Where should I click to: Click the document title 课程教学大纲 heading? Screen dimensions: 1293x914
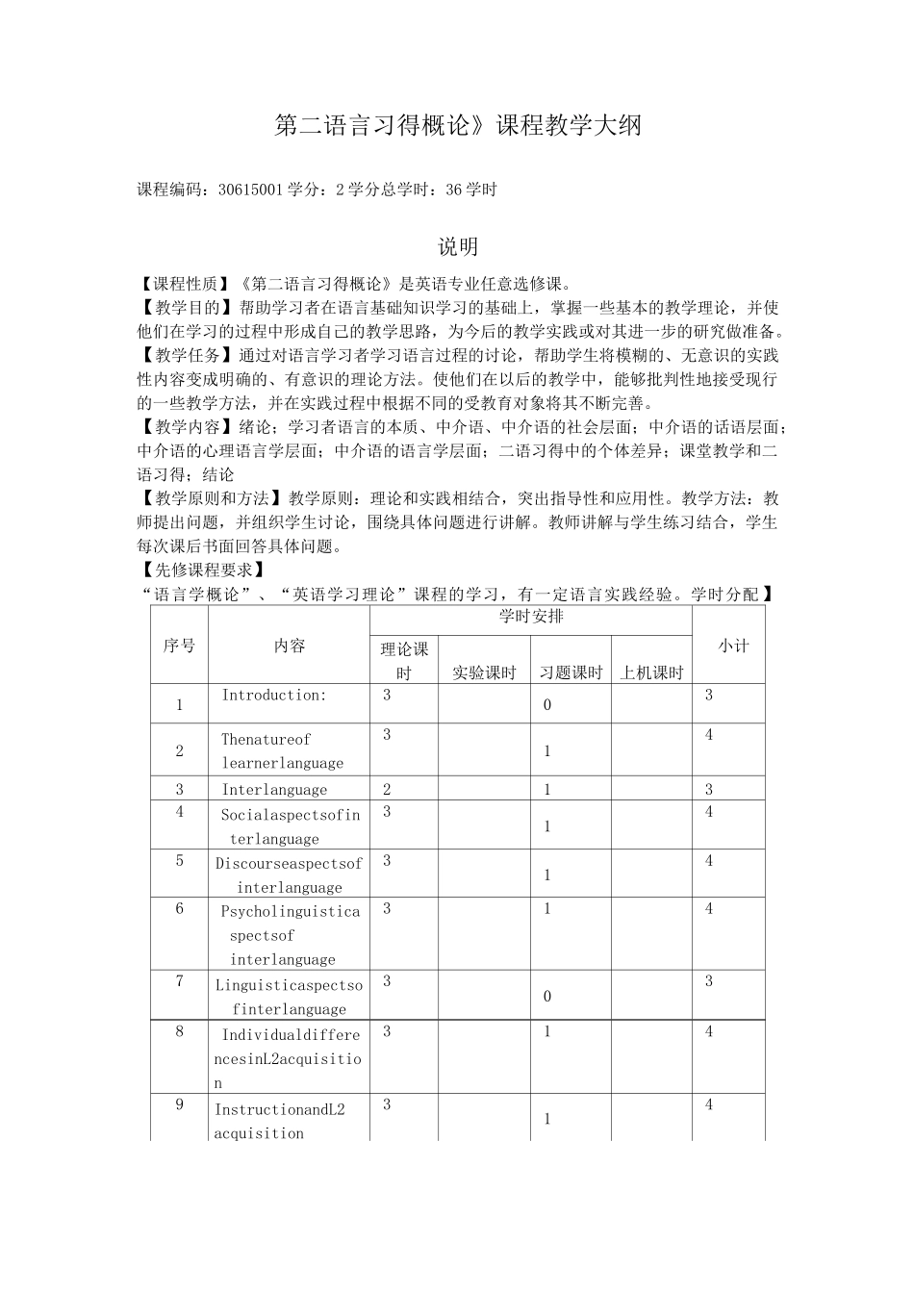(x=457, y=126)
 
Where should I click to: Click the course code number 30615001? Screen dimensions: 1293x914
(x=250, y=190)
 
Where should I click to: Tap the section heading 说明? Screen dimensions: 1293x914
(x=458, y=247)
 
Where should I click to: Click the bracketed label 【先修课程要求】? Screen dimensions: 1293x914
(x=198, y=570)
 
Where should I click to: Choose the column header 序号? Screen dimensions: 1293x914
(x=179, y=646)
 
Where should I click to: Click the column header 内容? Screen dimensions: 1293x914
(x=289, y=646)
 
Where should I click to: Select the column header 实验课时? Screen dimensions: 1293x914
(x=484, y=672)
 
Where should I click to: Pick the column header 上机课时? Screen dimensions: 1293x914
(x=651, y=672)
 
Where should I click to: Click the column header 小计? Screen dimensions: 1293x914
(x=733, y=646)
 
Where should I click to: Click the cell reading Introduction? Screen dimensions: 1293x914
(x=274, y=695)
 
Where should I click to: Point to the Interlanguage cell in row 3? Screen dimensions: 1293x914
(x=274, y=790)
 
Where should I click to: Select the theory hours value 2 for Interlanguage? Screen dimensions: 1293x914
(x=387, y=790)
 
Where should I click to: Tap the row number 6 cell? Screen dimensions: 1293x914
(x=179, y=908)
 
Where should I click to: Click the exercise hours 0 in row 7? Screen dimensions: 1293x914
(x=547, y=996)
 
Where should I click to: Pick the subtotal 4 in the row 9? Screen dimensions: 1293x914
(x=709, y=1105)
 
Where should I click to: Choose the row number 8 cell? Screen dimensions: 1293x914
(x=179, y=1031)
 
